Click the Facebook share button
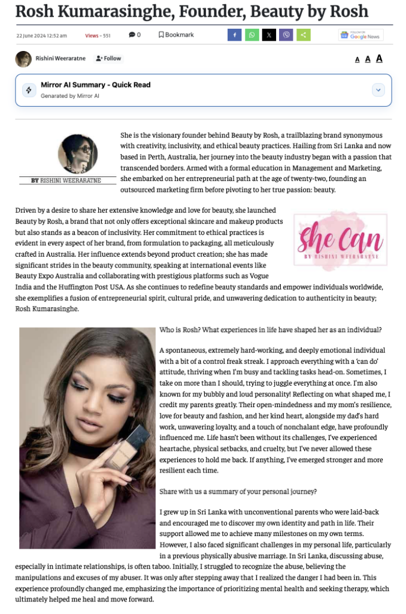click(x=234, y=35)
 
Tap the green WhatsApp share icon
click(x=252, y=35)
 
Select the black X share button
click(x=269, y=35)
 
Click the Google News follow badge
click(x=360, y=35)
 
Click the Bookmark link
click(x=176, y=35)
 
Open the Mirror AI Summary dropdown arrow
click(x=378, y=90)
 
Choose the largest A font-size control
click(x=379, y=58)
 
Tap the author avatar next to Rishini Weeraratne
click(x=23, y=59)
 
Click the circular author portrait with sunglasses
click(x=78, y=154)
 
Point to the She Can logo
click(x=340, y=240)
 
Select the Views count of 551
click(x=98, y=35)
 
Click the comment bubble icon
click(x=132, y=35)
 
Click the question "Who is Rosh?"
click(x=180, y=330)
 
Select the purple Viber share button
click(x=287, y=35)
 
